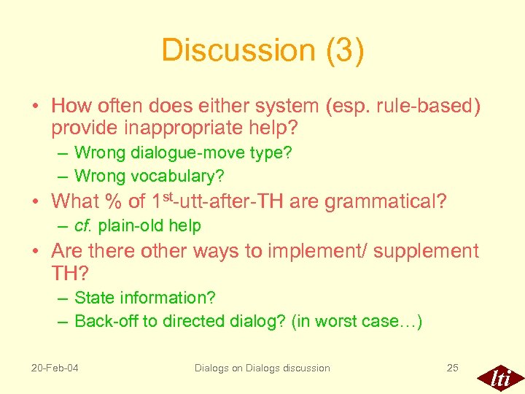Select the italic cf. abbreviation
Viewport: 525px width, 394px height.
85,226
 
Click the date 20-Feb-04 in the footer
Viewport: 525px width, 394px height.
55,368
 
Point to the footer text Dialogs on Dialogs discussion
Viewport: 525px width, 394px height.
262,368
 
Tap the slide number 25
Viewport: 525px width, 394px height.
452,368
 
